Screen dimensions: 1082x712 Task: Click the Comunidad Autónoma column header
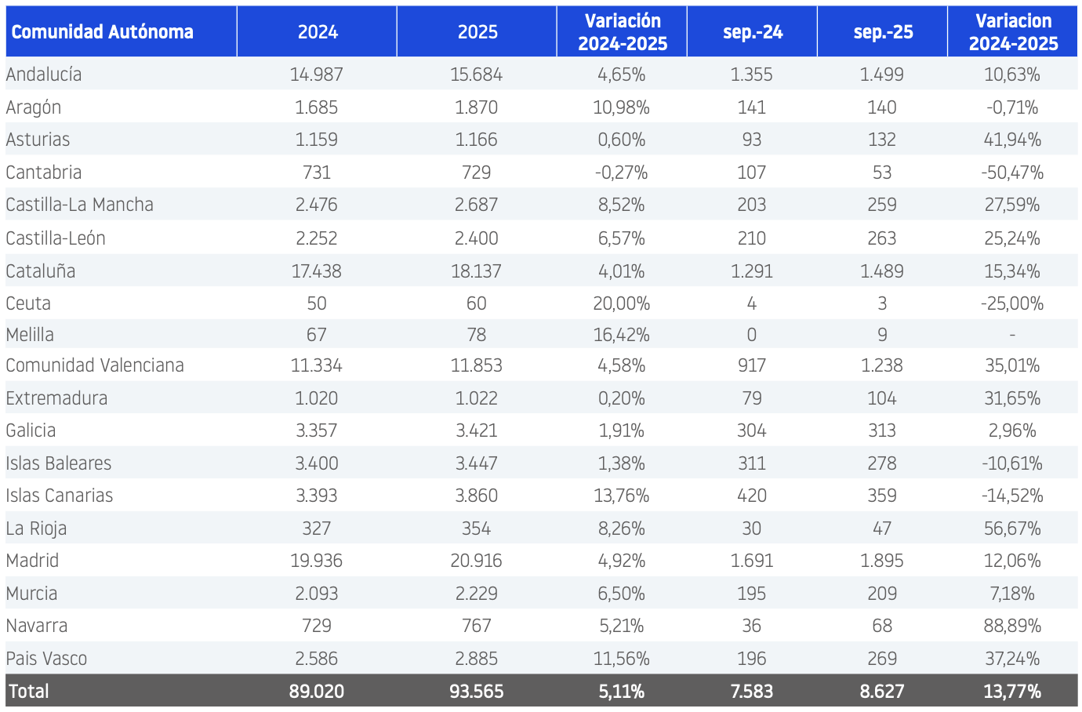coord(102,32)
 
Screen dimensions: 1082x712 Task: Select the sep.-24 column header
coord(753,32)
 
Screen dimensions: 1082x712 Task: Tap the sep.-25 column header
coord(883,32)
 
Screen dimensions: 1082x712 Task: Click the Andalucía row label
coord(43,74)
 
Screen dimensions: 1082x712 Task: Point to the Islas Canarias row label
coord(60,496)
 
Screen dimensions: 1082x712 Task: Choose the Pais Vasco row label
coord(46,659)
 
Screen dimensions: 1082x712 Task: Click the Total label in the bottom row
coord(29,692)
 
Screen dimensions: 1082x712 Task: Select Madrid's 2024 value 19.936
coord(317,561)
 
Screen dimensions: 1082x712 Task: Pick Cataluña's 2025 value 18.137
coord(476,271)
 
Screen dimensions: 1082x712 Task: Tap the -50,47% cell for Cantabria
coord(1012,173)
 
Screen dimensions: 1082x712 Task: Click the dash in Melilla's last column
coord(1012,335)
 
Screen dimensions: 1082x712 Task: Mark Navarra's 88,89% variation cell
coord(1012,626)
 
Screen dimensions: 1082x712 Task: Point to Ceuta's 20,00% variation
coord(622,303)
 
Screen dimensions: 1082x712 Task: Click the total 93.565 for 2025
coord(476,692)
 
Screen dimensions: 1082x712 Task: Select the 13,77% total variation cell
coord(1012,692)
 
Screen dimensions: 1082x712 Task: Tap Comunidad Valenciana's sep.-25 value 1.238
coord(882,365)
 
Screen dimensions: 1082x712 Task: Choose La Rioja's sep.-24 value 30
coord(752,529)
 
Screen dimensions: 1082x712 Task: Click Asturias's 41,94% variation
coord(1012,140)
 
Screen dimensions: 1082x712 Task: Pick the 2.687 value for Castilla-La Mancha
coord(476,205)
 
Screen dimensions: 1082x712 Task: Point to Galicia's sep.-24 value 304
coord(752,430)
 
